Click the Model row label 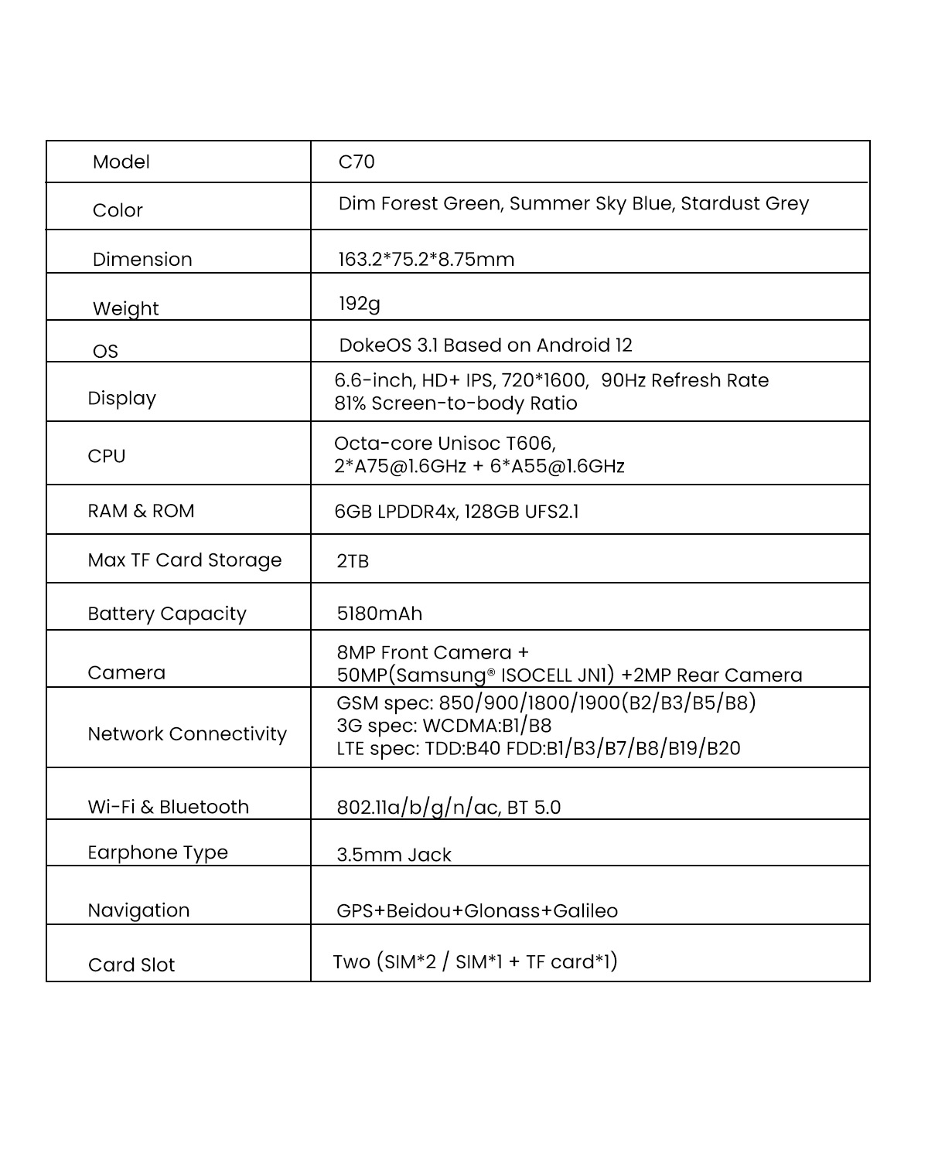(x=121, y=162)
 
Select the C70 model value (x=357, y=162)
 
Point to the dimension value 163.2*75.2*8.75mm (x=426, y=260)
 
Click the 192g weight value (x=360, y=304)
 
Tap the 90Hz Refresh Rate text (x=685, y=381)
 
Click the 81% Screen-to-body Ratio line (x=455, y=404)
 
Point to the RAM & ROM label (x=141, y=512)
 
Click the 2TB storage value (x=353, y=561)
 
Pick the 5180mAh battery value (x=380, y=614)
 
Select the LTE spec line (x=538, y=749)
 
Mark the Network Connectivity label (x=187, y=734)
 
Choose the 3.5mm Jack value (x=394, y=856)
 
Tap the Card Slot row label (x=131, y=965)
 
